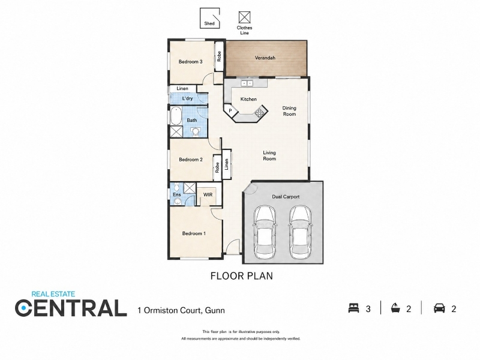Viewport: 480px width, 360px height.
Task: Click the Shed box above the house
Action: coord(209,19)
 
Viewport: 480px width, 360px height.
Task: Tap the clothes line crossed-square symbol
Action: coord(244,17)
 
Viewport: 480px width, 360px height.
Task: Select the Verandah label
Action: coord(265,58)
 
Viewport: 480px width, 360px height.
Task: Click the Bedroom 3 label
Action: coord(190,62)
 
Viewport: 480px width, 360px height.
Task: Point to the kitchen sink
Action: coord(247,83)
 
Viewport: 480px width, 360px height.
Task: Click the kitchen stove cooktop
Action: coord(260,112)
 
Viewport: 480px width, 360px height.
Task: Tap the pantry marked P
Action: coord(230,110)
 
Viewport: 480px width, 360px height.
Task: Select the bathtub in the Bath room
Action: coord(176,116)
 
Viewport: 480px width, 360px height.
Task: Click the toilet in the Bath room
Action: coord(194,131)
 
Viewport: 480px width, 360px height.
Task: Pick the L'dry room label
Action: coord(187,98)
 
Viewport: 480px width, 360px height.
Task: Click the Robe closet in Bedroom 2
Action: coord(217,167)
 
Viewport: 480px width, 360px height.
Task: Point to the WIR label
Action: coord(208,194)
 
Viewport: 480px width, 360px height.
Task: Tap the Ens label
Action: coord(176,194)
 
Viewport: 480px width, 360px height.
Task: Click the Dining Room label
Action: coord(289,111)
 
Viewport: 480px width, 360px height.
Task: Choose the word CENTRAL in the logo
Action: coord(71,308)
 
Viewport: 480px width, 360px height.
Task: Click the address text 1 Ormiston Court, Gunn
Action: coord(181,310)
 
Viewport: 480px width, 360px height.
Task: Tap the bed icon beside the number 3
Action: coord(353,308)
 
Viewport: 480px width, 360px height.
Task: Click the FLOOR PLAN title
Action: coord(242,276)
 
